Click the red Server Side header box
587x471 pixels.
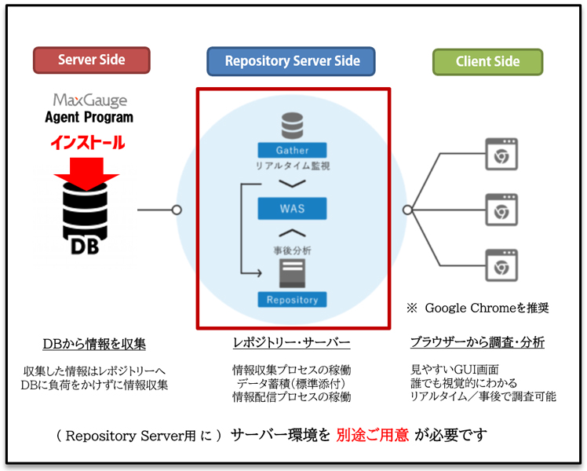91,60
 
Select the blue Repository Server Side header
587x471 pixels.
291,61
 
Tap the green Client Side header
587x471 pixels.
487,61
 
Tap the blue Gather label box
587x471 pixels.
292,150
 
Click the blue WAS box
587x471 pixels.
292,209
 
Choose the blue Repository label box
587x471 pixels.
292,299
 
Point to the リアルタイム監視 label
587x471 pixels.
292,166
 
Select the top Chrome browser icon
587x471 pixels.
499,154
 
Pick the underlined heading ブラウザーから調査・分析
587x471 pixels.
477,343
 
